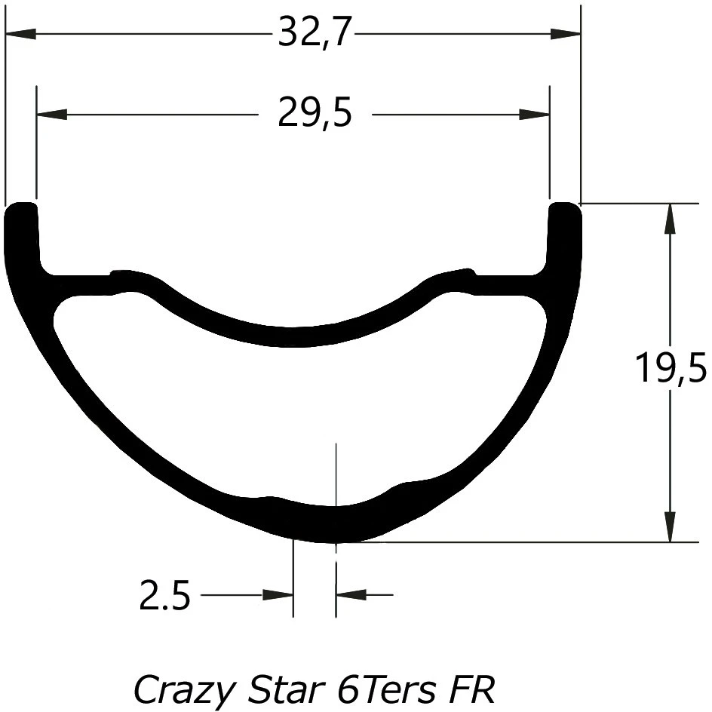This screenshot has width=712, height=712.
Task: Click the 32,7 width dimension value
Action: pyautogui.click(x=315, y=34)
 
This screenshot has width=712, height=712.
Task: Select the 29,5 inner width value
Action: pyautogui.click(x=315, y=115)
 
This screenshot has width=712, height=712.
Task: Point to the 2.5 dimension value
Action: pyautogui.click(x=164, y=597)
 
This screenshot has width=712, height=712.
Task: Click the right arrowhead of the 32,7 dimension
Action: pyautogui.click(x=566, y=34)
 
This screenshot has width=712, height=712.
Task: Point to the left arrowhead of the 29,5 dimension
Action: pyautogui.click(x=51, y=115)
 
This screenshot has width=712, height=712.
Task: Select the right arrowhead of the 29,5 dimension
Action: pyautogui.click(x=535, y=115)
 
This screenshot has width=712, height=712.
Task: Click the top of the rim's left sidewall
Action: pyautogui.click(x=21, y=207)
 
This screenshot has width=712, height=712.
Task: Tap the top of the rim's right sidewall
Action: pyautogui.click(x=566, y=207)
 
